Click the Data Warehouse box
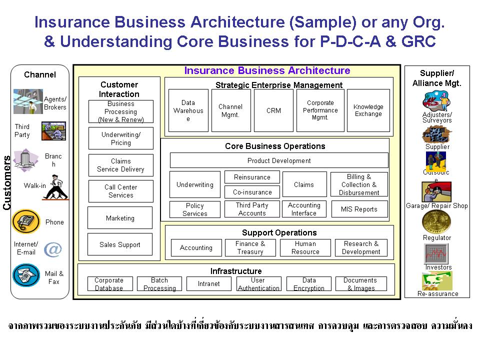coord(188,110)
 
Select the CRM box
coord(273,110)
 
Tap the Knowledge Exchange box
coord(368,110)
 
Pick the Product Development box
coord(279,160)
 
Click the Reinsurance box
coord(252,177)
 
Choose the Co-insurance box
coord(252,192)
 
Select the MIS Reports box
coord(359,209)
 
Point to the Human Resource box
coord(305,247)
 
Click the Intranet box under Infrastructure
coord(208,283)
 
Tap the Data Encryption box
coord(309,284)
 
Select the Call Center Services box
coord(120,191)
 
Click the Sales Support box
coord(119,244)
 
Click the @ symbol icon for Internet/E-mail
coord(52,249)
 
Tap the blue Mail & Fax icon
coord(26,275)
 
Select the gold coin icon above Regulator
coord(436,222)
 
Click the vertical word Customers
coord(7,182)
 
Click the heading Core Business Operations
coord(275,146)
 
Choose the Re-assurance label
coord(437,294)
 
